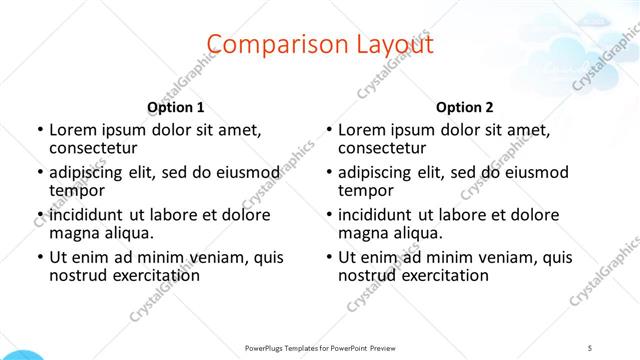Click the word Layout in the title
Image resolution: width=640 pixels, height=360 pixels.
pos(387,44)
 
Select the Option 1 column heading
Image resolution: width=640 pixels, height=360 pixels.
pos(176,107)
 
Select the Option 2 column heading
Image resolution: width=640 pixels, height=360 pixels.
pos(465,107)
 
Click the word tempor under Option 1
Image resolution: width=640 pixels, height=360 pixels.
pos(77,191)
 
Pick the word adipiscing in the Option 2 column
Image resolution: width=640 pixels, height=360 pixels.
pos(375,172)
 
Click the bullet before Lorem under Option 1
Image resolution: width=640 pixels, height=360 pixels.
pos(39,130)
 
